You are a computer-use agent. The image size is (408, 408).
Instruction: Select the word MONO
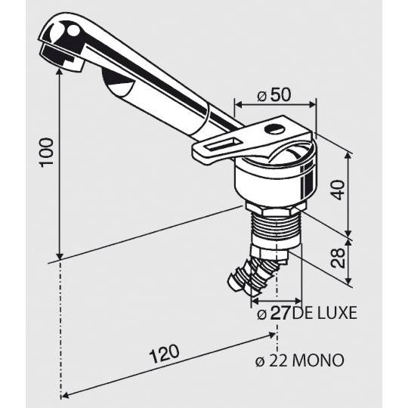[320, 359]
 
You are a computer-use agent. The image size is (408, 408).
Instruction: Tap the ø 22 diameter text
[274, 359]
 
